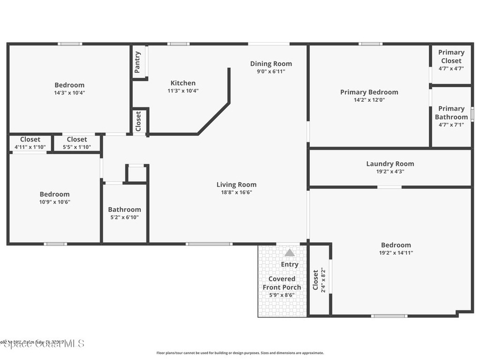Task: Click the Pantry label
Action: pyautogui.click(x=137, y=62)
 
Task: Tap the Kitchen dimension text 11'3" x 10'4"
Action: pyautogui.click(x=183, y=91)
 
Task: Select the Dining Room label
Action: pyautogui.click(x=270, y=64)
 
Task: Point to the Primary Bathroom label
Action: pyautogui.click(x=451, y=112)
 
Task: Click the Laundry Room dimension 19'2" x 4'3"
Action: pyautogui.click(x=390, y=172)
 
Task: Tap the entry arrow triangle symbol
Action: pyautogui.click(x=290, y=253)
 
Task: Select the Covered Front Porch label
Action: pyautogui.click(x=282, y=283)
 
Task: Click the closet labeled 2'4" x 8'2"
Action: pyautogui.click(x=319, y=280)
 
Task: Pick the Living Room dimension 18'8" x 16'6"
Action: pyautogui.click(x=236, y=192)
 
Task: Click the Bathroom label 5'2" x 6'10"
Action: pyautogui.click(x=124, y=213)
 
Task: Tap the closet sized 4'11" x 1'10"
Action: pyautogui.click(x=30, y=143)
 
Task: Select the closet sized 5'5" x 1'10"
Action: pyautogui.click(x=76, y=143)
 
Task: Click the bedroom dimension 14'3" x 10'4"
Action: pyautogui.click(x=69, y=93)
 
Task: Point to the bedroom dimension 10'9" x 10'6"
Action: pyautogui.click(x=54, y=202)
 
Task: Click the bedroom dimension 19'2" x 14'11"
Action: pyautogui.click(x=396, y=253)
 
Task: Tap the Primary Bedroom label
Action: pyautogui.click(x=369, y=92)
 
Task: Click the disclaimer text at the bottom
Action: pyautogui.click(x=240, y=353)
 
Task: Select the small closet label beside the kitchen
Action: pyautogui.click(x=138, y=121)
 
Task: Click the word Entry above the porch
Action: pyautogui.click(x=290, y=264)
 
